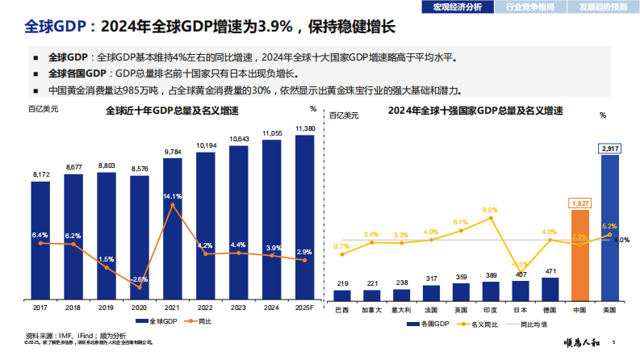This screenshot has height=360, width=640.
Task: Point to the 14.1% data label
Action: [173, 196]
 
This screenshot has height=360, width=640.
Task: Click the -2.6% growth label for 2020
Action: [140, 278]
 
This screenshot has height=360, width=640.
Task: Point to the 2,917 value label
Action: [611, 149]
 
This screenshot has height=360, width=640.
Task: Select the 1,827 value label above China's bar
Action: [579, 204]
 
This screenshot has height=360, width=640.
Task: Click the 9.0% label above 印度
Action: [489, 210]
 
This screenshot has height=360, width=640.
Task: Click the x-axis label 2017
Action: [40, 308]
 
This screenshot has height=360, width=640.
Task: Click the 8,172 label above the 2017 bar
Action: [40, 174]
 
